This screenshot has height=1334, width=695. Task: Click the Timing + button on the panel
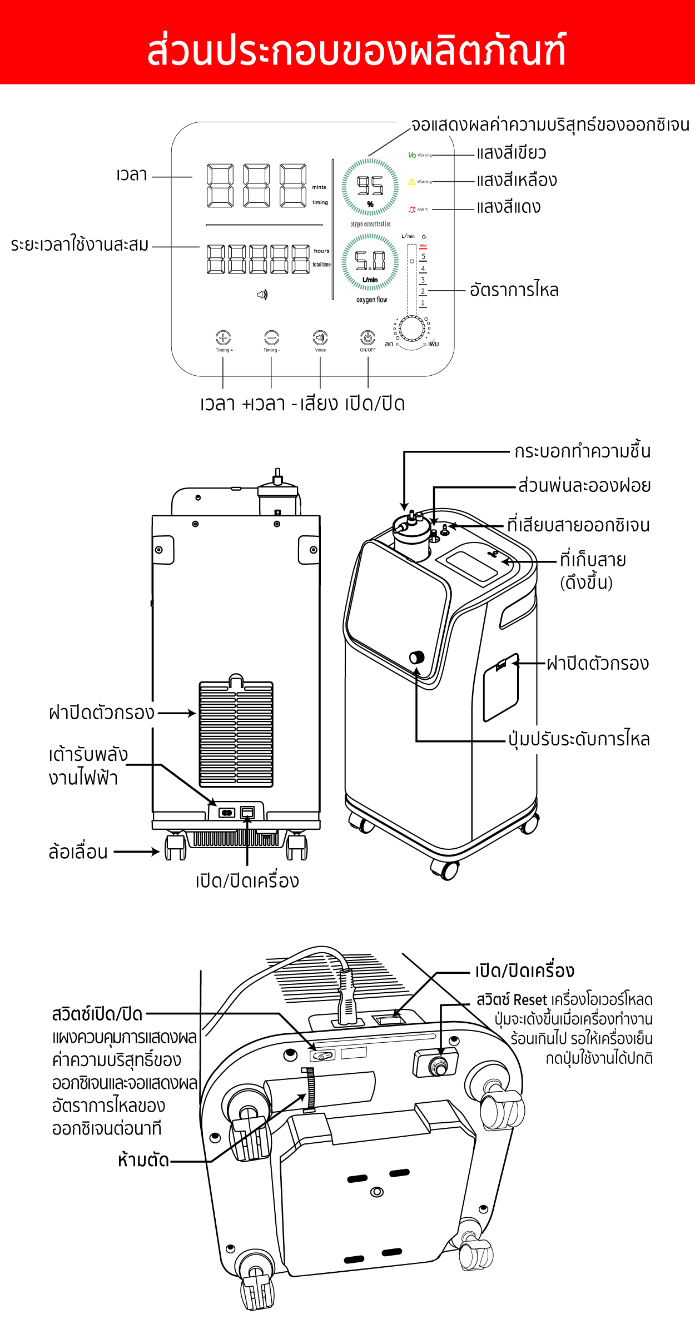click(x=223, y=337)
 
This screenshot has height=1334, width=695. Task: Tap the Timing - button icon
click(x=271, y=337)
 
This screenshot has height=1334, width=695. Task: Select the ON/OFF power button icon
click(x=368, y=337)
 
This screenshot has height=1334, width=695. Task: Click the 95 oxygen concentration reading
click(x=370, y=186)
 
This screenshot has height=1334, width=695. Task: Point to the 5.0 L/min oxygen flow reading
click(x=370, y=260)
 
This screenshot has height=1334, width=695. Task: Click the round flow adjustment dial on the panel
click(x=412, y=328)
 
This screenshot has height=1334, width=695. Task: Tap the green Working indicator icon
click(x=412, y=155)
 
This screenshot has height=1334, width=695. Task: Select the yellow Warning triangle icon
click(x=412, y=182)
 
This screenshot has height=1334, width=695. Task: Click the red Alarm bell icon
click(x=412, y=210)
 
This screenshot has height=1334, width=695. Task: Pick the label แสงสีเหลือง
click(x=517, y=180)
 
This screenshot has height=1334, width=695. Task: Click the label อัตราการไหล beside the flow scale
click(x=514, y=290)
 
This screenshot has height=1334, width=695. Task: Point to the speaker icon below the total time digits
click(x=262, y=295)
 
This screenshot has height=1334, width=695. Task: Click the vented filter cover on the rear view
click(x=236, y=734)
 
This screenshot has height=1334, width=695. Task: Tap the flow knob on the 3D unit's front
click(x=416, y=658)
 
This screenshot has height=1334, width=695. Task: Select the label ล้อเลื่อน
click(x=78, y=852)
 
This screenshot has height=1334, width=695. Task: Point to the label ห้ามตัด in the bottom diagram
click(x=143, y=1160)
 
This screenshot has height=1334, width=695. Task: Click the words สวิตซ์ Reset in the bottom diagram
click(x=512, y=1000)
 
